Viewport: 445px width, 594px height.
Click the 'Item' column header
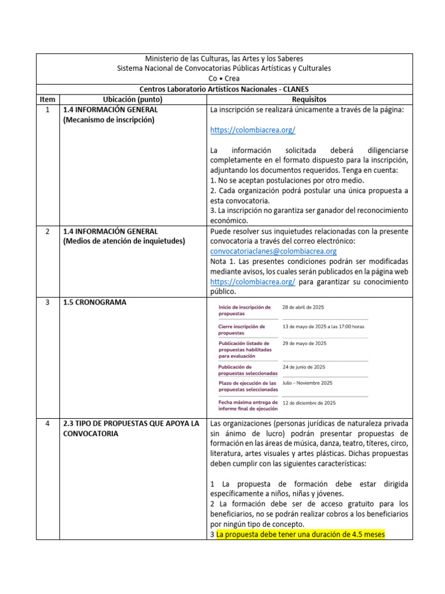coord(48,100)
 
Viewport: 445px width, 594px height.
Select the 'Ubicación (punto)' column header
coord(133,100)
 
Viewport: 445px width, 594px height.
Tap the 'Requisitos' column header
coord(309,100)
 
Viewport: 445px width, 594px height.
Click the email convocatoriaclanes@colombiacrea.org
coord(273,251)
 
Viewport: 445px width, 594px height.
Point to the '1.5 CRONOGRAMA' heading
coord(95,302)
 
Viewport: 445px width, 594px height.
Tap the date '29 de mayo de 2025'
coord(304,343)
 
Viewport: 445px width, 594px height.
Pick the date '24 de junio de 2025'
coord(304,367)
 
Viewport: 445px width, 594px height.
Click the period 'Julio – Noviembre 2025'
coord(307,383)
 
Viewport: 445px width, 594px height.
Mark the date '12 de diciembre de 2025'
coord(309,403)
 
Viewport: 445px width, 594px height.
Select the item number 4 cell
coord(48,423)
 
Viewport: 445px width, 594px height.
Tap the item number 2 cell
coord(48,231)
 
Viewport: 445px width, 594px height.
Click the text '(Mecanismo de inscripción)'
coord(109,120)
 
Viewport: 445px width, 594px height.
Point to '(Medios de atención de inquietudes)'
coord(124,241)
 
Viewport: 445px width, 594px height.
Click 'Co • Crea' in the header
coord(224,78)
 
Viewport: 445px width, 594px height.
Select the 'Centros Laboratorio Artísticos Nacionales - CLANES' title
coord(224,89)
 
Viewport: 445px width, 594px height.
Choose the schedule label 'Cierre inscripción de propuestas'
coord(242,329)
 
